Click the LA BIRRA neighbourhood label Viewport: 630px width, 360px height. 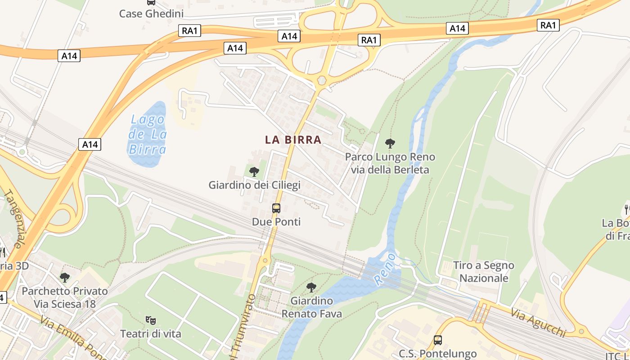coord(293,140)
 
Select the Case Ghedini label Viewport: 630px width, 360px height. coord(151,14)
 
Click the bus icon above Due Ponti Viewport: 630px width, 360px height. coord(276,208)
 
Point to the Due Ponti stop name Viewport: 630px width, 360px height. coord(276,222)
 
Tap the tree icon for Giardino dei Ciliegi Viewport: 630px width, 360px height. coord(254,171)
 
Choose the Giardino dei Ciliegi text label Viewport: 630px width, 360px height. coord(254,185)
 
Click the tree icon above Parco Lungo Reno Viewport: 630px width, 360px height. coord(390,144)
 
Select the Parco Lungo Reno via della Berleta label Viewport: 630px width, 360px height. coord(390,163)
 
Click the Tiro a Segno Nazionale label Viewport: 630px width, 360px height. coord(484,272)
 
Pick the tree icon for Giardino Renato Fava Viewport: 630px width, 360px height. coord(311,287)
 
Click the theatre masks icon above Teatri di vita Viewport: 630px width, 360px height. coord(151,320)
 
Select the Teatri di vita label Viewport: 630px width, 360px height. coord(151,334)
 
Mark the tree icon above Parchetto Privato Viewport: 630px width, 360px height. coord(65,277)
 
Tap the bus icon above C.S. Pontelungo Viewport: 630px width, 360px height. coord(438,340)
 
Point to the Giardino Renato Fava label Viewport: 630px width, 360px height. coord(311,307)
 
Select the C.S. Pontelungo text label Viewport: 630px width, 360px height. coord(438,354)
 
